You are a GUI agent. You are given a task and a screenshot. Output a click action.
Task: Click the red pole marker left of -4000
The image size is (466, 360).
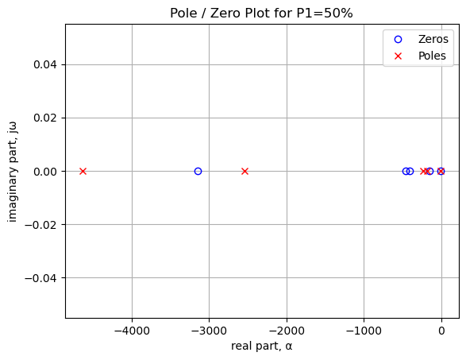click(83, 172)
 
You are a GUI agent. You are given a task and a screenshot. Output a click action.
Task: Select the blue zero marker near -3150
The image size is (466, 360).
click(198, 172)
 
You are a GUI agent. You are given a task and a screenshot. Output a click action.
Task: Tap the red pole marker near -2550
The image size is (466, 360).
click(245, 172)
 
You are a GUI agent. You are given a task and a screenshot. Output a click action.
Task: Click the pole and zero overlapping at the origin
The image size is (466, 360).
click(441, 172)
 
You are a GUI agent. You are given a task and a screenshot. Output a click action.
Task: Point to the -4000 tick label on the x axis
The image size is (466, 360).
click(132, 331)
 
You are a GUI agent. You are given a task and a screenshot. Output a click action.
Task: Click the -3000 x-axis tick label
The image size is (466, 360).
click(210, 331)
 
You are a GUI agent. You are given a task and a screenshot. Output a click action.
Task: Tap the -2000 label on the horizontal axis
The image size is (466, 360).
click(287, 331)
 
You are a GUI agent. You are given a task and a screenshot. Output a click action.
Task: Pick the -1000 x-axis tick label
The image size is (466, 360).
click(364, 331)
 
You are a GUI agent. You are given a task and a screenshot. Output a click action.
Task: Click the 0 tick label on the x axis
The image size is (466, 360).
click(441, 331)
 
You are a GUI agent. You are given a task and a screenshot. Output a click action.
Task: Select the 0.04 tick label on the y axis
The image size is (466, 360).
click(45, 65)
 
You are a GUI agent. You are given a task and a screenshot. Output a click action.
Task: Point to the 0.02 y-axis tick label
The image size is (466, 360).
click(45, 118)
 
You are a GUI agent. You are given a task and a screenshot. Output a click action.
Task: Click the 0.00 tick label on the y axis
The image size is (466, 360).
click(45, 172)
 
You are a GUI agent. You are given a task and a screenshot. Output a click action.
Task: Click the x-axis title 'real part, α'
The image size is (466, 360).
click(262, 346)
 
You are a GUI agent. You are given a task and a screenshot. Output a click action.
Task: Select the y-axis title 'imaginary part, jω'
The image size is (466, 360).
click(12, 172)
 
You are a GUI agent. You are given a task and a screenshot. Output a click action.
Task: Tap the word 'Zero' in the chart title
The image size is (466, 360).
click(223, 13)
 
